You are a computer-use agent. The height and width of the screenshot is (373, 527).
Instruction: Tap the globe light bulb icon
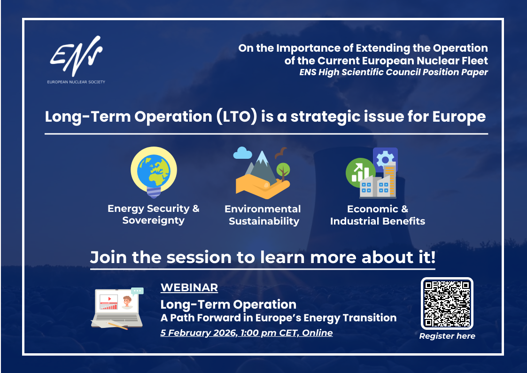[154, 172]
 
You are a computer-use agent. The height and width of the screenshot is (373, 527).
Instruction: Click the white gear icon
[385, 159]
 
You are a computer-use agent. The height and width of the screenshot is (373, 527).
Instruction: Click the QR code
[447, 303]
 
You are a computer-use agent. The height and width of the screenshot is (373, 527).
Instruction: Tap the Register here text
[447, 336]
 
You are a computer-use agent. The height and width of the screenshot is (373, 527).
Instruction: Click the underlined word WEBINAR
[189, 288]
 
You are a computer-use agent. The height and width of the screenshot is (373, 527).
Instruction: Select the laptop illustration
[117, 308]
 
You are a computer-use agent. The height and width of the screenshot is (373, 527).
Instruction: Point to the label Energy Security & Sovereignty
[154, 214]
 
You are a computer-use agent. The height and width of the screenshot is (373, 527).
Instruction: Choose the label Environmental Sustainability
[263, 215]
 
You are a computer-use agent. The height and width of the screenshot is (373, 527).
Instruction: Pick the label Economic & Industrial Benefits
[378, 215]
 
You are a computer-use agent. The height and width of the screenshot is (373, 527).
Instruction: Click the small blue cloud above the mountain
[242, 153]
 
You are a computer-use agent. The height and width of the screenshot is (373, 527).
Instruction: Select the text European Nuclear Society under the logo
[76, 82]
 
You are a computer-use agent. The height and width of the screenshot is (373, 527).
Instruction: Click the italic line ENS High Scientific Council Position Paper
[394, 72]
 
